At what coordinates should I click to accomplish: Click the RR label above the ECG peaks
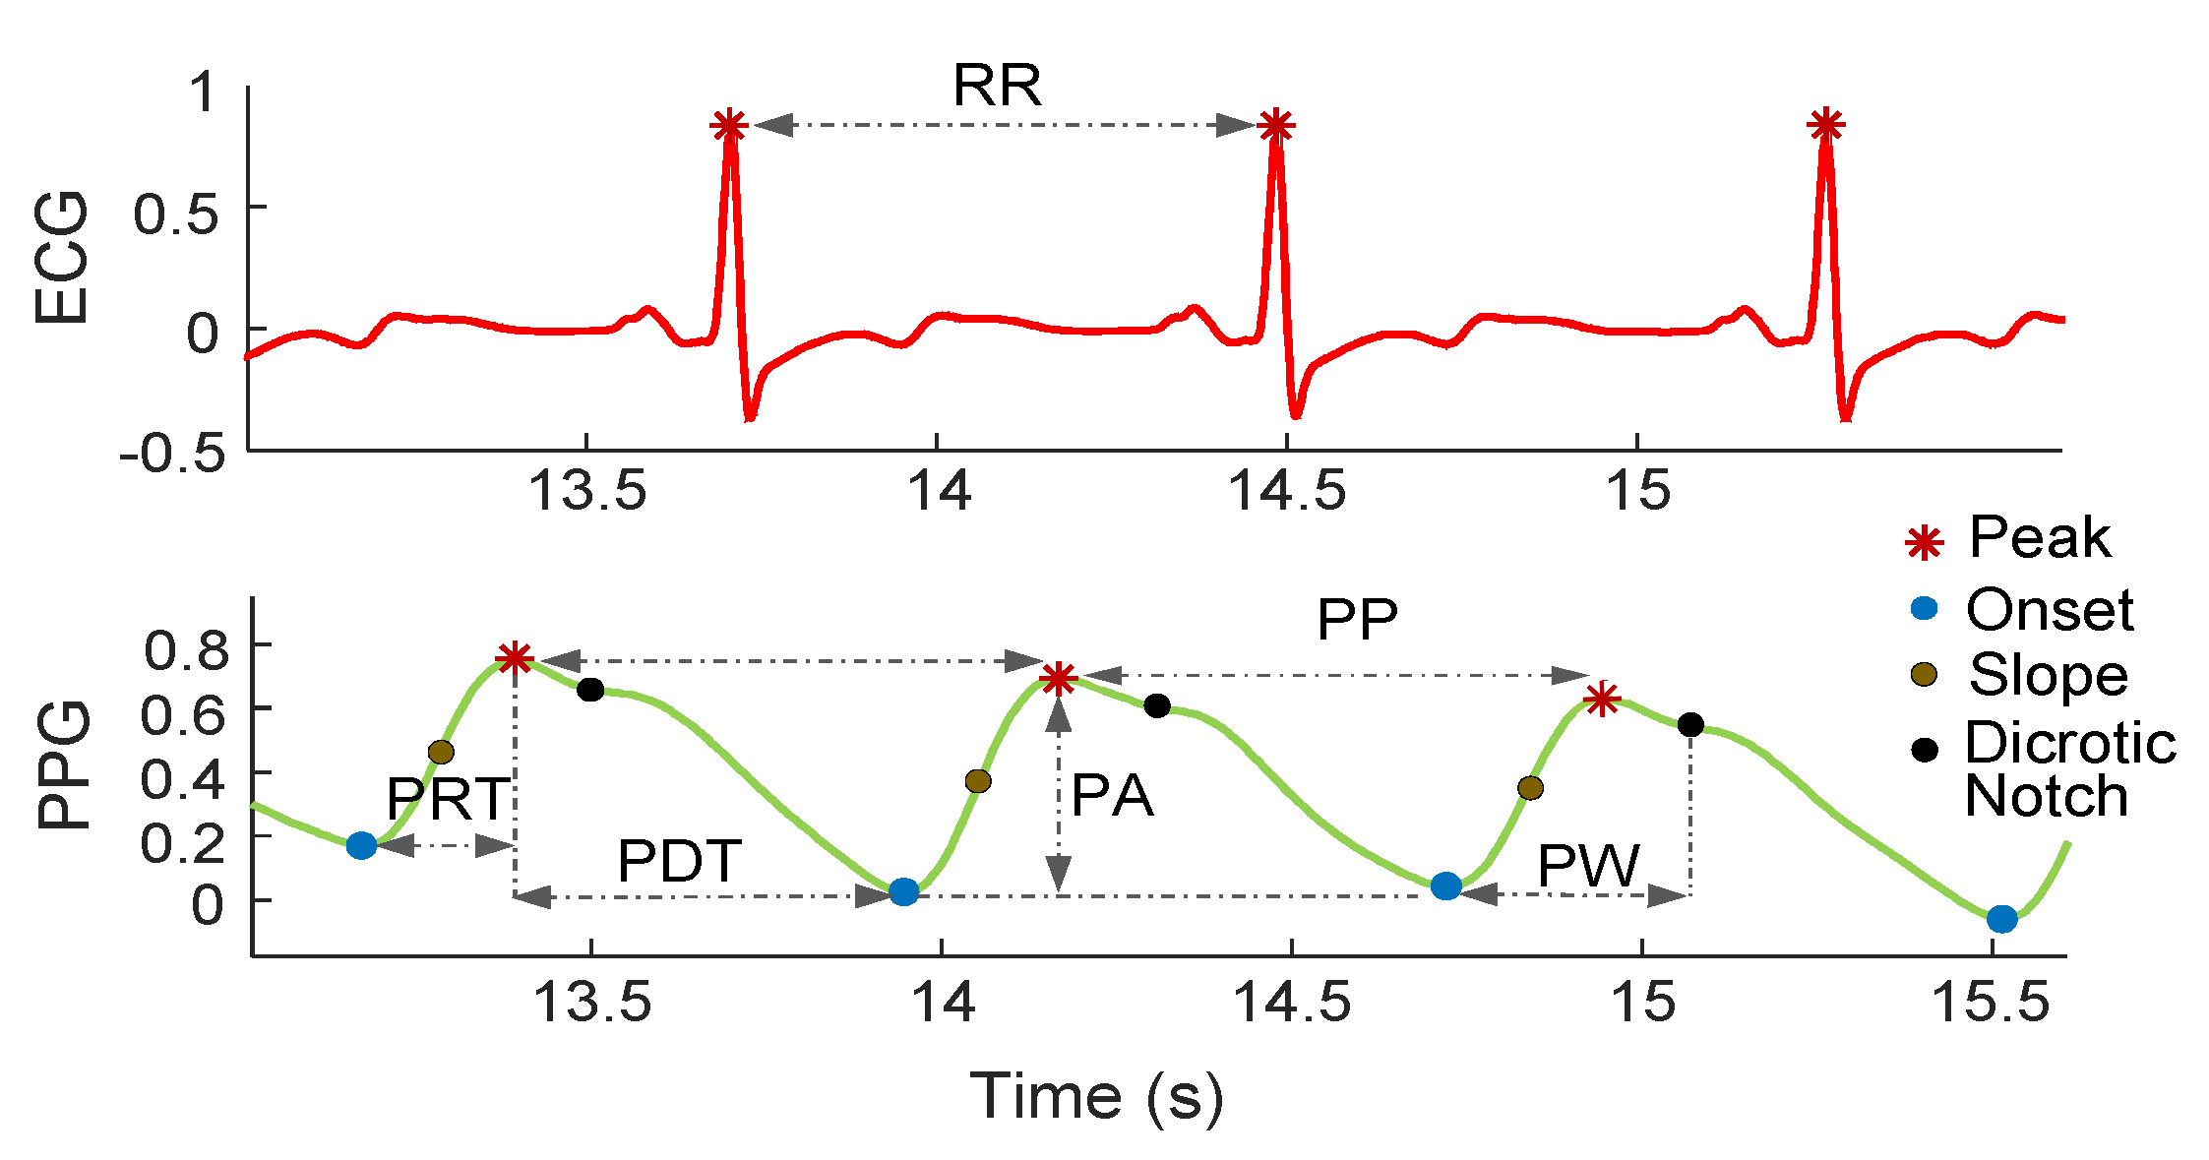coord(997,87)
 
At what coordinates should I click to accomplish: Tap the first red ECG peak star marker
coord(729,126)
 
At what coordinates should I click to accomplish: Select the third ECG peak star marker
coord(1825,126)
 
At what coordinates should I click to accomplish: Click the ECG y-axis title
coord(61,258)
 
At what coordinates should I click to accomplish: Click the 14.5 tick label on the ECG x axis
coord(1286,489)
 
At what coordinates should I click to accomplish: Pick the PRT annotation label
coord(449,798)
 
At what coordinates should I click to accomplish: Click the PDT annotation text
coord(679,862)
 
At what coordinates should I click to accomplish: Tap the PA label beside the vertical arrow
coord(1112,795)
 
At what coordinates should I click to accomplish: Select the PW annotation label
coord(1588,866)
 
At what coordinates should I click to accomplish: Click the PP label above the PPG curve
coord(1357,620)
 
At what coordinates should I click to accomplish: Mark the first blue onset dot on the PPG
coord(362,845)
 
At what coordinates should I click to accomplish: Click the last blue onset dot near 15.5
coord(2001,919)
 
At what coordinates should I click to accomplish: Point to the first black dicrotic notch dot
coord(590,690)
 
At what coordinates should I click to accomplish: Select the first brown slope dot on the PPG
coord(442,753)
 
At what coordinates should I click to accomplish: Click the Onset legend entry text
coord(2050,610)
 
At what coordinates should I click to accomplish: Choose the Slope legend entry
coord(2048,675)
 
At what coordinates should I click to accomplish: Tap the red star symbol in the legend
coord(1924,542)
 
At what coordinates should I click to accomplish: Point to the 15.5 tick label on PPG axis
coord(1991,1003)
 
